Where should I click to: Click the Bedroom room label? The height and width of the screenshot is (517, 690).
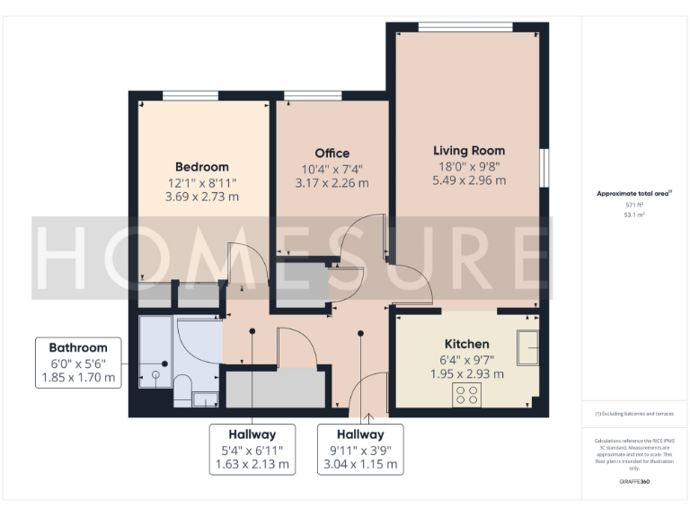pyautogui.click(x=201, y=166)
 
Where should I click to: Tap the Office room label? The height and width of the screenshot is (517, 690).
pyautogui.click(x=332, y=153)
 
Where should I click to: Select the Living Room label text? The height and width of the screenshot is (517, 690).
pyautogui.click(x=468, y=150)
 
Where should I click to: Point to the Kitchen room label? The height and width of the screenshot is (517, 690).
pyautogui.click(x=467, y=344)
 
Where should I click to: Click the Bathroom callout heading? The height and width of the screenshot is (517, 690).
pyautogui.click(x=78, y=347)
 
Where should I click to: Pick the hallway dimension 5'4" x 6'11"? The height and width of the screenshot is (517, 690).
pyautogui.click(x=252, y=449)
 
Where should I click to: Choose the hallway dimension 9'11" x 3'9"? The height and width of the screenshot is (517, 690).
pyautogui.click(x=361, y=449)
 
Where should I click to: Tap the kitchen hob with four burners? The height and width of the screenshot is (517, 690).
pyautogui.click(x=467, y=394)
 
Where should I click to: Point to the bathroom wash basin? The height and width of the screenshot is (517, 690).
pyautogui.click(x=204, y=399)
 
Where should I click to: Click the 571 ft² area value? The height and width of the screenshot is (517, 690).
pyautogui.click(x=634, y=205)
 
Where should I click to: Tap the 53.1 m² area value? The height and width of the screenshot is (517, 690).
pyautogui.click(x=634, y=215)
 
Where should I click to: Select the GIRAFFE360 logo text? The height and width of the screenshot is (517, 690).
pyautogui.click(x=634, y=482)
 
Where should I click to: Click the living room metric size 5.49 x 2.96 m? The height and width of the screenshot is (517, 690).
pyautogui.click(x=468, y=180)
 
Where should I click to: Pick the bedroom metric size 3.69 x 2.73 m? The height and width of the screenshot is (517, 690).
pyautogui.click(x=201, y=197)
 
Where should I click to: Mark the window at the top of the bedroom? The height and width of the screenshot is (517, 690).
pyautogui.click(x=190, y=95)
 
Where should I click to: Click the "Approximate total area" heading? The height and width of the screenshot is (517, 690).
pyautogui.click(x=633, y=193)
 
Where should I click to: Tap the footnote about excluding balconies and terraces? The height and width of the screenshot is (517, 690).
pyautogui.click(x=634, y=414)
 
